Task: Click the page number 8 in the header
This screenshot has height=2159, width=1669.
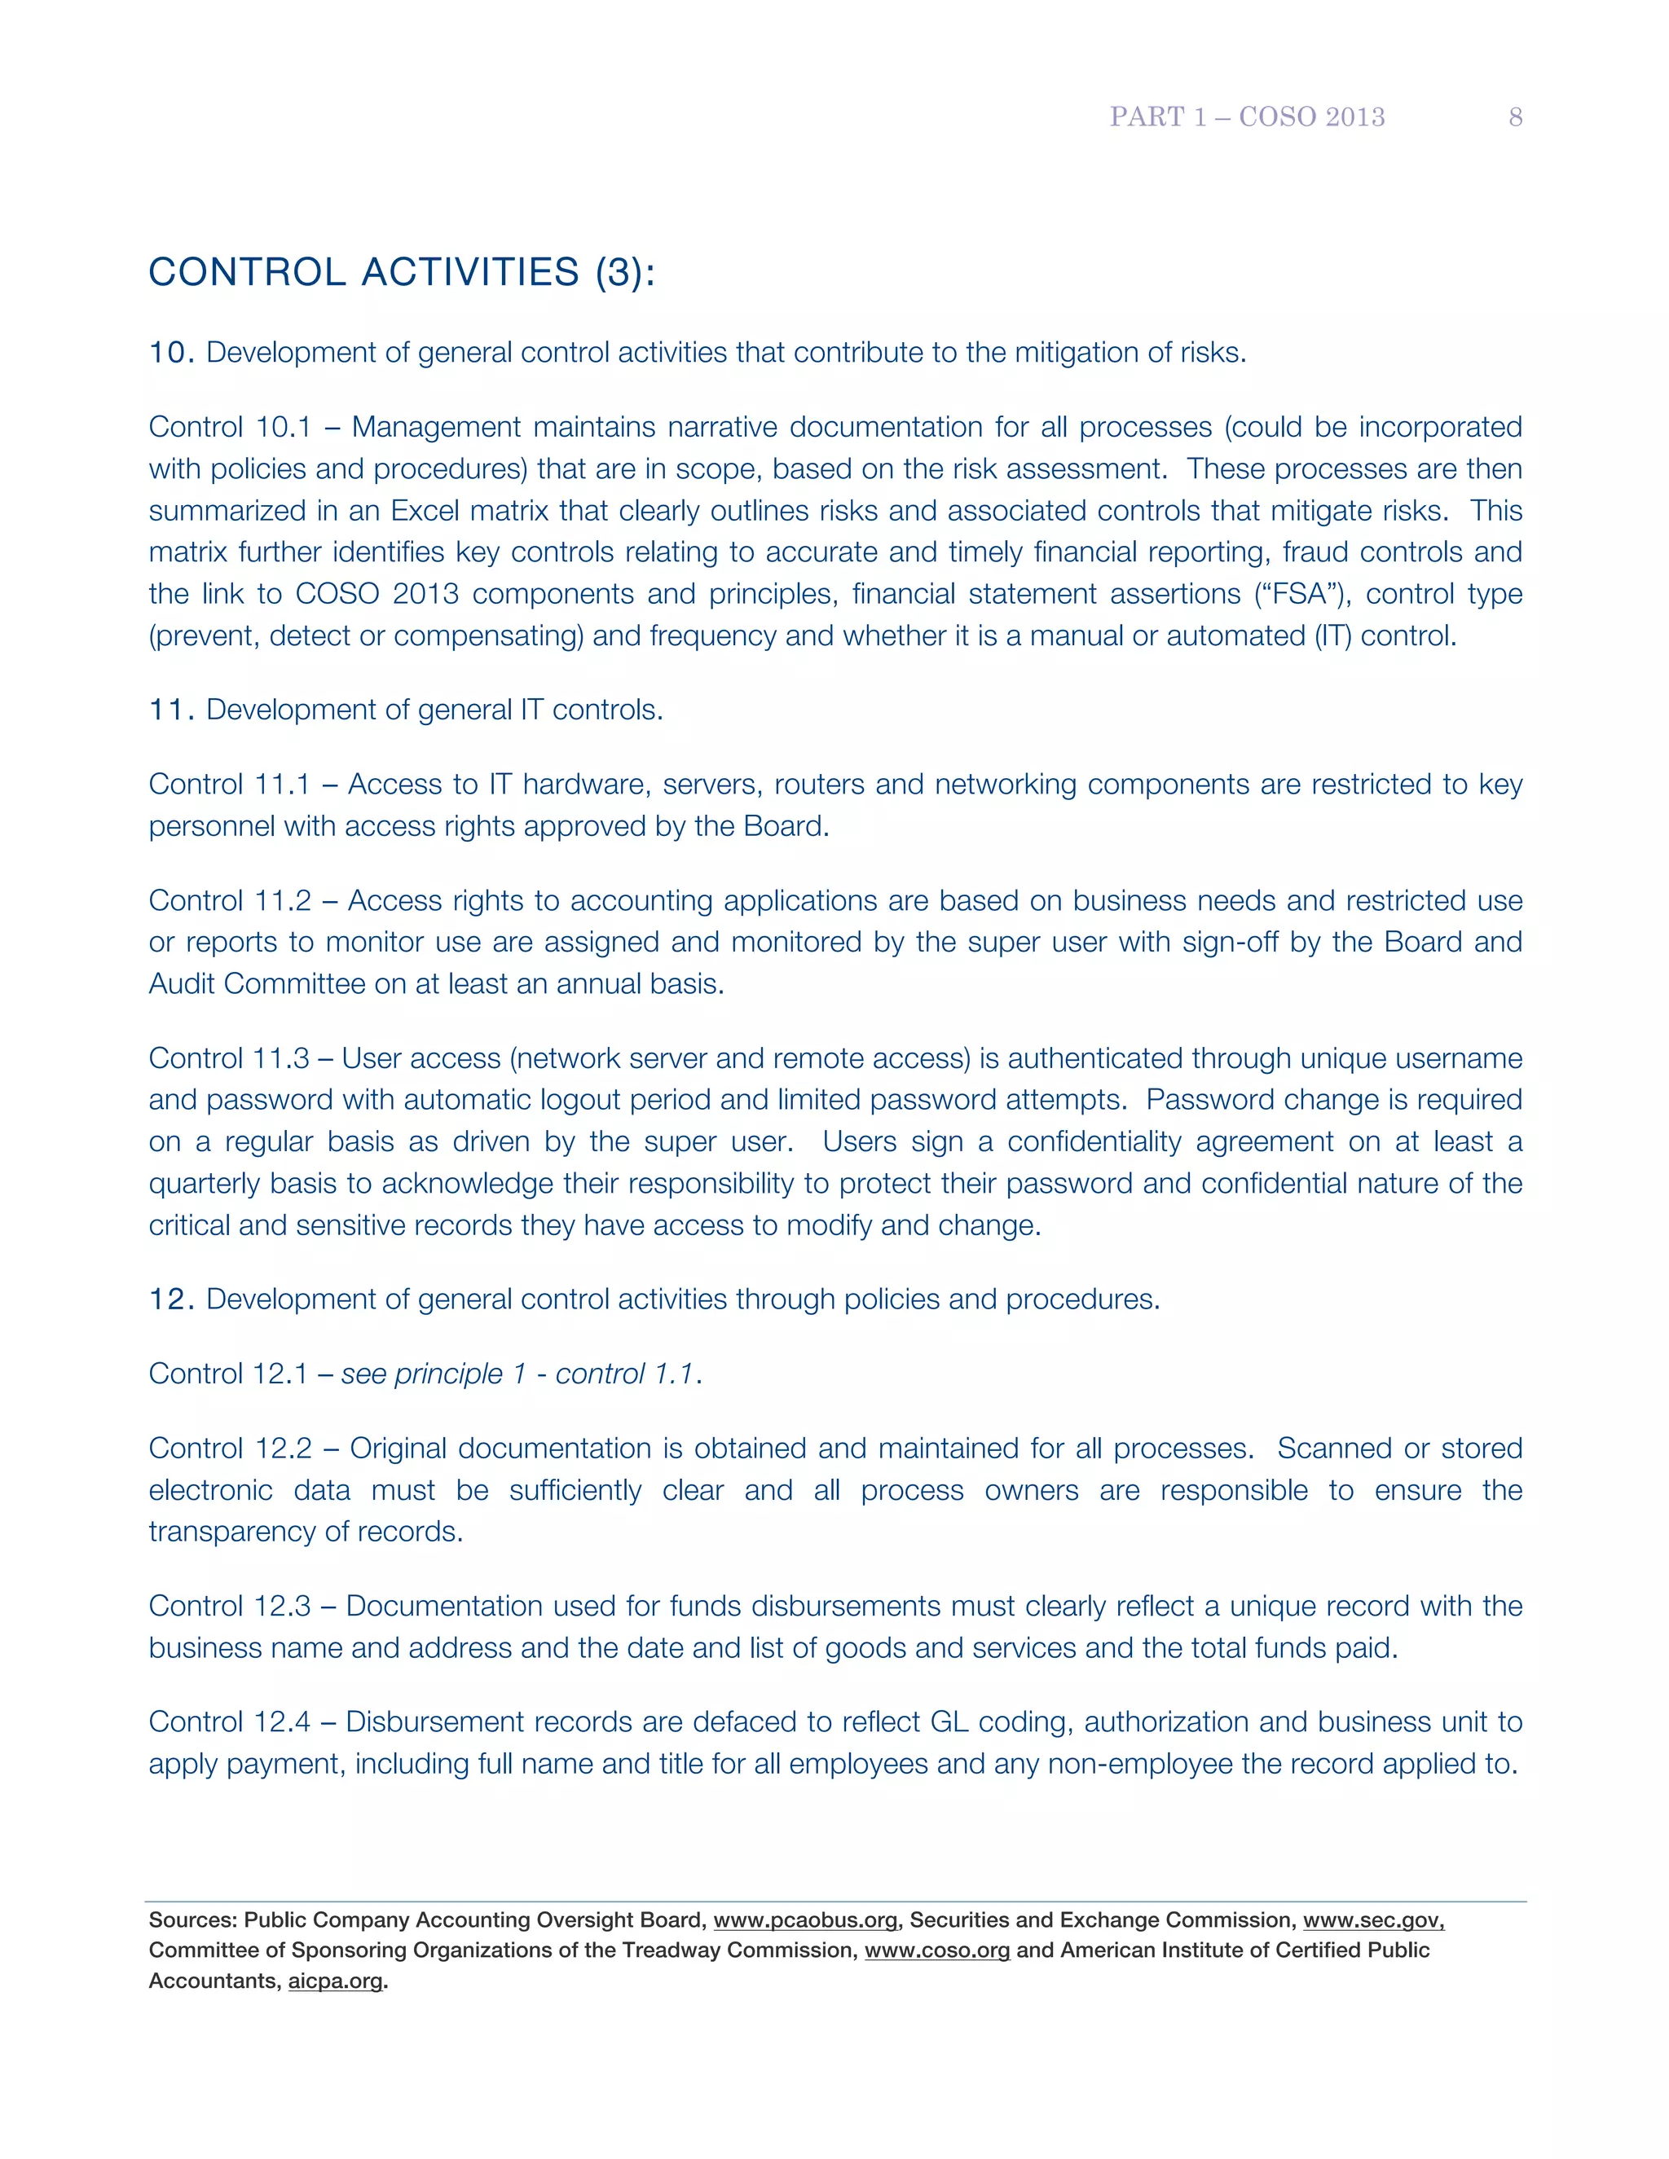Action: [x=1515, y=117]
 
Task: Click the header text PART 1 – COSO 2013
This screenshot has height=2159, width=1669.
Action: [x=1246, y=117]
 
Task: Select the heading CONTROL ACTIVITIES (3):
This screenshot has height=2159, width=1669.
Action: [x=402, y=272]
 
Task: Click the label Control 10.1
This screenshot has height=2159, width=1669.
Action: [x=229, y=427]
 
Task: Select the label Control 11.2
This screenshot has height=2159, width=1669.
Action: [x=229, y=900]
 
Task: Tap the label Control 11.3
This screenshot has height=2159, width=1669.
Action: [x=229, y=1059]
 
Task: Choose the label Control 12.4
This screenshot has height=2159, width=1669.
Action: [x=229, y=1722]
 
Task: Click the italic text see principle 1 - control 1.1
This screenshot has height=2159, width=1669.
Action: [x=518, y=1374]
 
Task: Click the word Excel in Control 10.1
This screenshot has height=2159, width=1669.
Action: [x=425, y=511]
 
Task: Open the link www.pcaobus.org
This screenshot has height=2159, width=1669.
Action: [x=805, y=1919]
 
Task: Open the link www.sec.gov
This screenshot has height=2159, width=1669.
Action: [x=1372, y=1919]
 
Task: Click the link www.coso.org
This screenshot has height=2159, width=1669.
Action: [x=936, y=1950]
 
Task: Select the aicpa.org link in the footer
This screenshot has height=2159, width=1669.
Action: [x=334, y=1981]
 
